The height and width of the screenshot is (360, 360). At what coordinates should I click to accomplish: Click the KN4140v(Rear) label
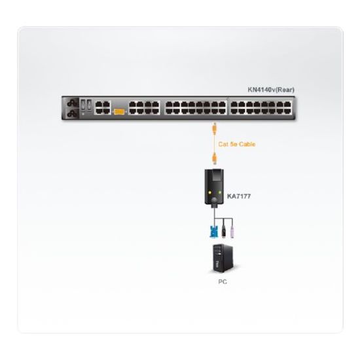(271, 90)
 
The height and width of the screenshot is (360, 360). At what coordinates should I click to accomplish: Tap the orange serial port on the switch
(119, 111)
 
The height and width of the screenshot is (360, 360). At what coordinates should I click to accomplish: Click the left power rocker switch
(83, 105)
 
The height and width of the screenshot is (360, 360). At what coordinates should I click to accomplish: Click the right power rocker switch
(89, 105)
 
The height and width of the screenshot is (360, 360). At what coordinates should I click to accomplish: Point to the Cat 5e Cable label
(237, 144)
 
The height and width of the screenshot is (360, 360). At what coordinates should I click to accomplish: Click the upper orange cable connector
(215, 129)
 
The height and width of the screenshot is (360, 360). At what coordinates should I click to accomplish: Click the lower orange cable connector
(215, 158)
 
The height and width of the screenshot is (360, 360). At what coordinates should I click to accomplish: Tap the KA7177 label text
(239, 196)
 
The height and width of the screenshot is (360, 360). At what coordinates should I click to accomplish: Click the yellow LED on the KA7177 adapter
(209, 192)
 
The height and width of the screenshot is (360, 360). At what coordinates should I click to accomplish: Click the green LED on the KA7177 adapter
(220, 192)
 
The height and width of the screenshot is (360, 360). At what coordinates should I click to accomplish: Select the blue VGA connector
(213, 232)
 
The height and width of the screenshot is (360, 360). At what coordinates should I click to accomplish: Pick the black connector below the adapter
(223, 232)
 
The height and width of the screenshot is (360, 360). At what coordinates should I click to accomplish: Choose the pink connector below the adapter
(232, 232)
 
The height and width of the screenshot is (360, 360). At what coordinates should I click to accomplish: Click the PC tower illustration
(223, 259)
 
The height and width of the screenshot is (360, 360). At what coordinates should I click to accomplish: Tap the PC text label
(223, 281)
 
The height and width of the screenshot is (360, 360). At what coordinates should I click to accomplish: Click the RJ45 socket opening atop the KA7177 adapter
(215, 176)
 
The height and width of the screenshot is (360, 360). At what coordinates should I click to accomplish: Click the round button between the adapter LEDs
(215, 200)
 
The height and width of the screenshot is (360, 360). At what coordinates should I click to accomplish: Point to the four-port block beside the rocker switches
(103, 107)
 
